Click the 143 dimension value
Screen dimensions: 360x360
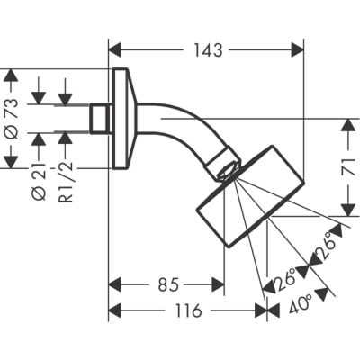point(208,50)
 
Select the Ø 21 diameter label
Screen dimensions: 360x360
point(39,181)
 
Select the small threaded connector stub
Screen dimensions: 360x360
point(100,118)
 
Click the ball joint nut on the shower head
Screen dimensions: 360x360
point(225,166)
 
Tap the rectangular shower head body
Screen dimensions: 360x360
point(247,193)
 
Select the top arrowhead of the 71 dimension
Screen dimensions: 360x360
point(345,126)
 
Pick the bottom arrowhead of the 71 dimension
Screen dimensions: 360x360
point(345,211)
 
